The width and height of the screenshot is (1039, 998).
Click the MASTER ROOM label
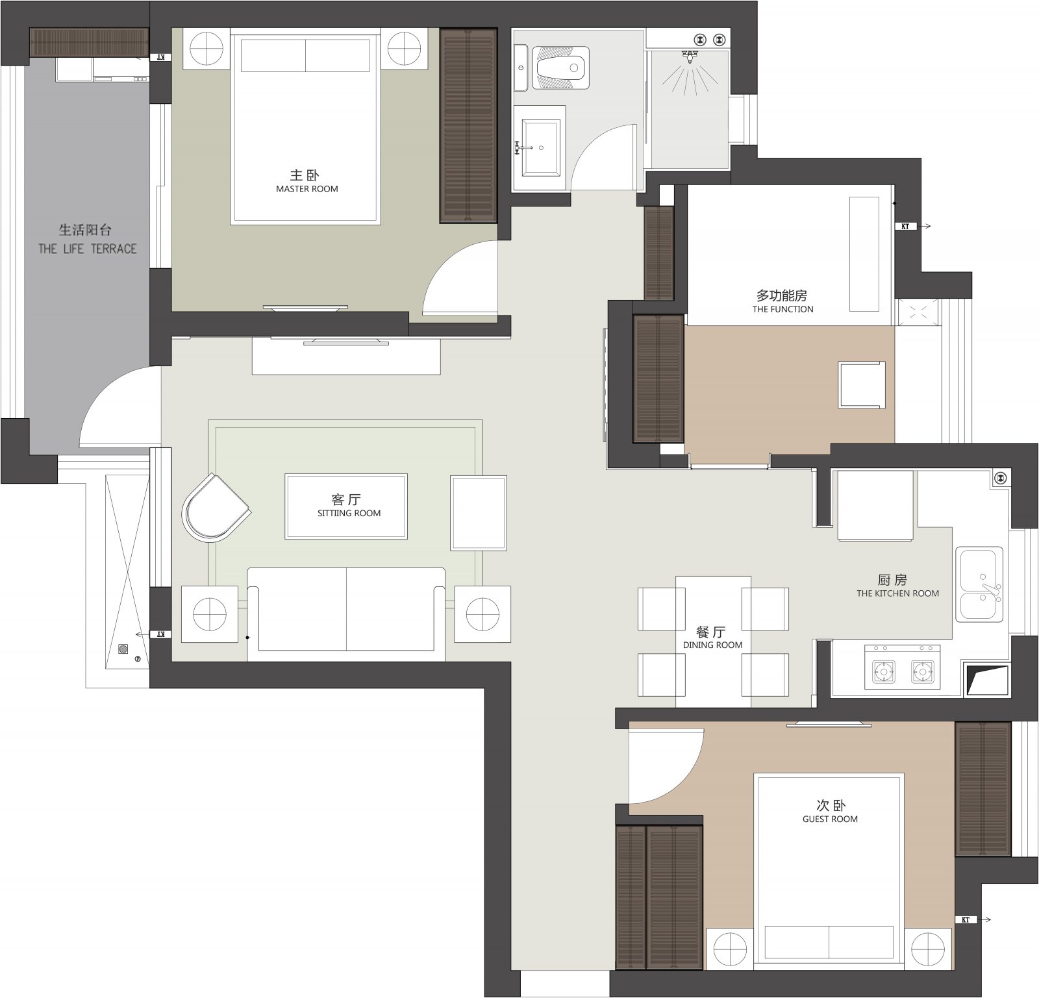[x=307, y=189]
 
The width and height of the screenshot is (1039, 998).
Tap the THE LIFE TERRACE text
[x=88, y=249]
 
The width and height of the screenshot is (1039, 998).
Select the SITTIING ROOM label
[x=349, y=513]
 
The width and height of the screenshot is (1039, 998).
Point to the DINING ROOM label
[x=712, y=645]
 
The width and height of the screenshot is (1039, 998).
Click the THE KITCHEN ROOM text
[x=897, y=593]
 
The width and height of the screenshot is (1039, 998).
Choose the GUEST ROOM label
[x=830, y=819]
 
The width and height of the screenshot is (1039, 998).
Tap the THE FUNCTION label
[x=782, y=309]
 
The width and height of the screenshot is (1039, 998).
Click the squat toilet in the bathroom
[x=562, y=67]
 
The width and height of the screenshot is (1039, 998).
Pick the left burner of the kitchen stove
[x=883, y=671]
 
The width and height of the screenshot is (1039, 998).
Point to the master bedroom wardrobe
[x=468, y=125]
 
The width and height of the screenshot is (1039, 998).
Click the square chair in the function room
[x=862, y=385]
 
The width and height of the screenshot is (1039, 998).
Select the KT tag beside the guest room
[x=965, y=919]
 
